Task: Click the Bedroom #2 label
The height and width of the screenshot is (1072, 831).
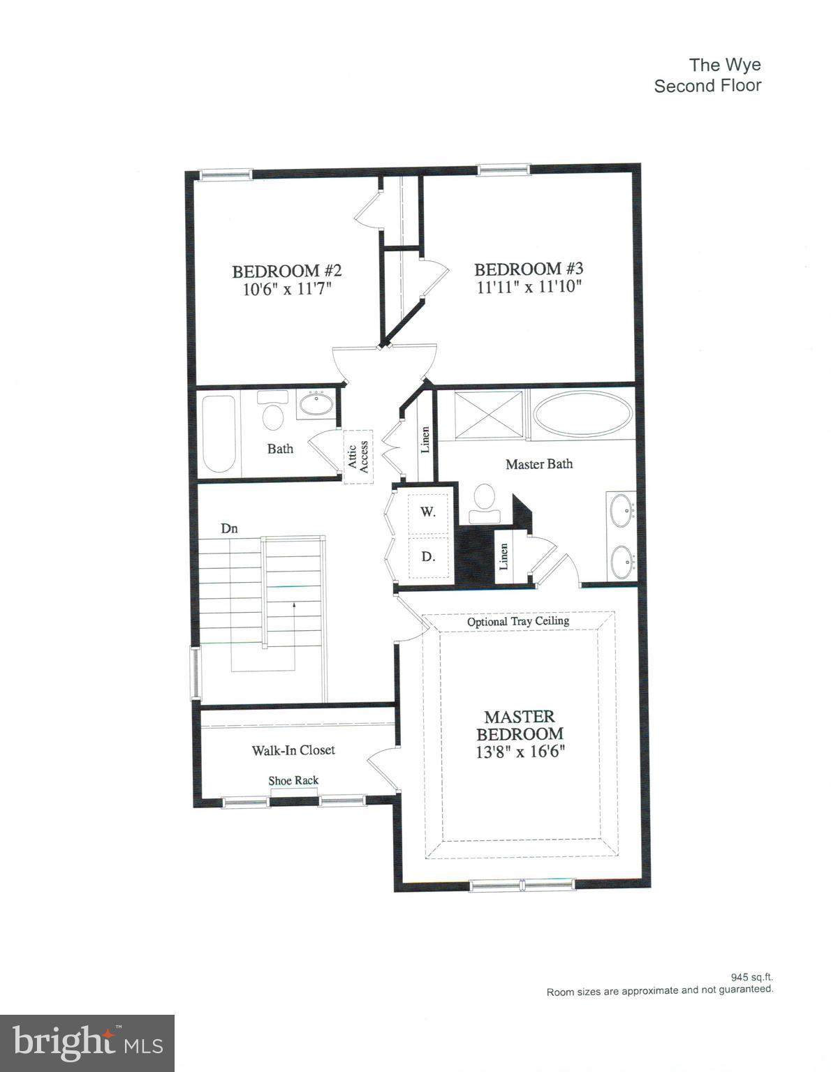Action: coord(286,271)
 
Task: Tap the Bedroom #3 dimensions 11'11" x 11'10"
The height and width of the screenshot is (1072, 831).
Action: coord(529,287)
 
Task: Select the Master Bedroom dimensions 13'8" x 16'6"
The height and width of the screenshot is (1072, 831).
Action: coord(520,752)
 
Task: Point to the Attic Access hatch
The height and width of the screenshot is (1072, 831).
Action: coord(358,456)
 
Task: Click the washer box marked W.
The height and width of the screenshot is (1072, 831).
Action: coord(427,512)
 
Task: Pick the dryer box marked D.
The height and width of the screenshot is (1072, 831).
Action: coord(427,556)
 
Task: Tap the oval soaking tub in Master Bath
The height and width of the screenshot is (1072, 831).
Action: coord(582,415)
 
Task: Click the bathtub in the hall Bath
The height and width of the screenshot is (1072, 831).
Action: coord(219,433)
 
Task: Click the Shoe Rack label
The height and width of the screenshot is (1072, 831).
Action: coord(293,780)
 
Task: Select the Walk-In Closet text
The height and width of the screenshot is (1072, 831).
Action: coord(293,750)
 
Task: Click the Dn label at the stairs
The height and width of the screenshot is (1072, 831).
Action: coord(229,528)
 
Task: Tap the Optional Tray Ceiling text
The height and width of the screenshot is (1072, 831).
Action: coord(517,620)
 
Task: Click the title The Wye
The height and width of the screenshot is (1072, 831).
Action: coord(724,65)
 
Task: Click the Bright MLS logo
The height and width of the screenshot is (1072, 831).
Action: coord(87,1043)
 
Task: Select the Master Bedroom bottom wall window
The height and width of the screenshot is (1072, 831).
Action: coord(522,885)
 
